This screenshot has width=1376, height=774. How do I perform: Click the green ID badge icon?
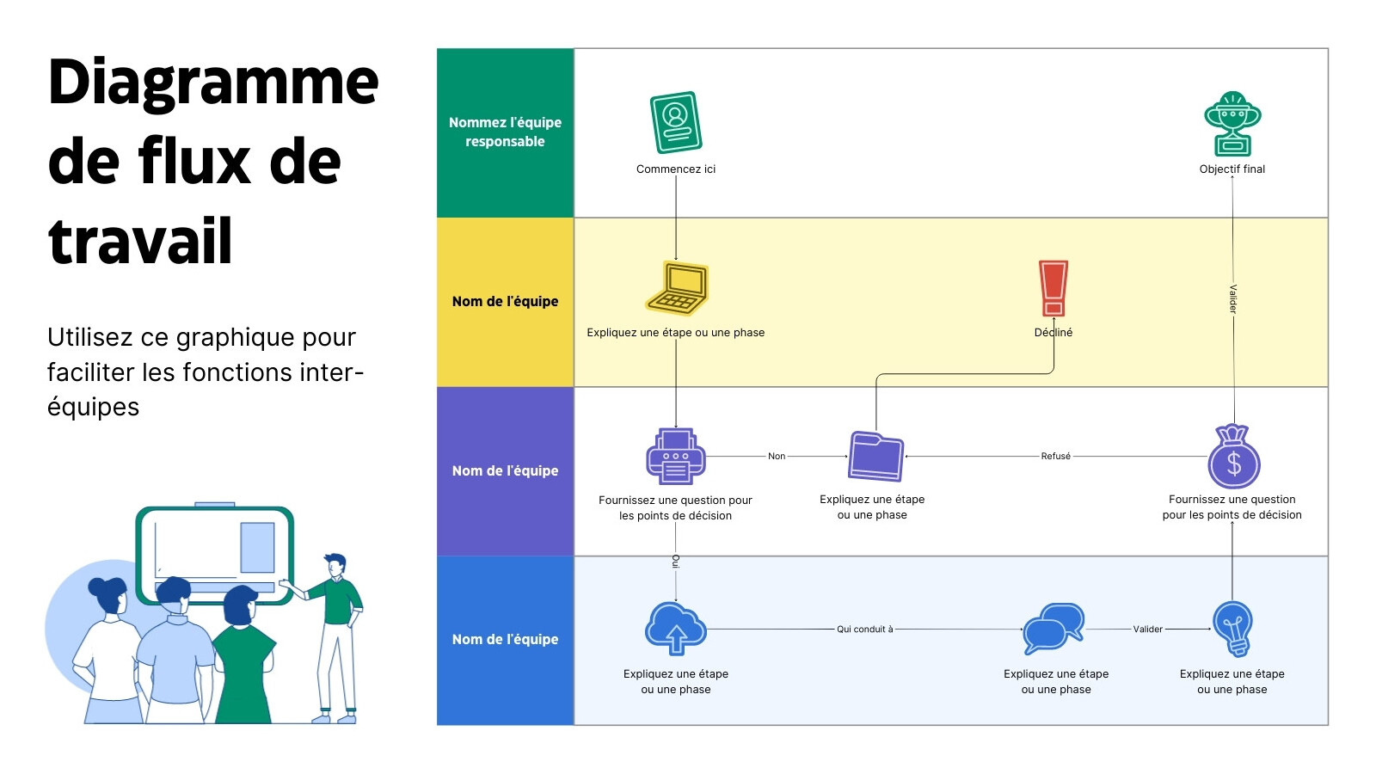676,122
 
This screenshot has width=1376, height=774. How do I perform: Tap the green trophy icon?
1232,124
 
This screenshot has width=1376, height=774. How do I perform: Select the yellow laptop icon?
677,288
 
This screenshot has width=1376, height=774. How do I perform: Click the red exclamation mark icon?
1053,288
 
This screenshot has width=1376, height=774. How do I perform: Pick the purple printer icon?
676,457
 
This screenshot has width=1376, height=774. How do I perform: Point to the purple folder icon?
875,457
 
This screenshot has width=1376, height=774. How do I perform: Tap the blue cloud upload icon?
676,629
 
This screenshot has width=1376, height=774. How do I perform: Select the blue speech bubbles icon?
1053,629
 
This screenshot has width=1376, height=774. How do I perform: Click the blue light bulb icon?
1232,629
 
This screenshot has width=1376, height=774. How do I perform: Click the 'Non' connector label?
777,457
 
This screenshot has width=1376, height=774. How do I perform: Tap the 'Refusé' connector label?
1055,457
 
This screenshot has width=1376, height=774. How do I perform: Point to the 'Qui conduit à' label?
865,629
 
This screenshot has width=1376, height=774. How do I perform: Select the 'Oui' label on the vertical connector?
676,562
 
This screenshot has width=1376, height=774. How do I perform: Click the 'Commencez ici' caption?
676,169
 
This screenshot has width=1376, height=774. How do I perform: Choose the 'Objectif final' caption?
1232,169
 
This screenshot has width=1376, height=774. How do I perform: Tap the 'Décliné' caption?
1053,332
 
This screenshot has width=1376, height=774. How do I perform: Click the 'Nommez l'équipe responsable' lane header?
505,132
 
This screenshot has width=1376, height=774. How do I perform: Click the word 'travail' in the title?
140,241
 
